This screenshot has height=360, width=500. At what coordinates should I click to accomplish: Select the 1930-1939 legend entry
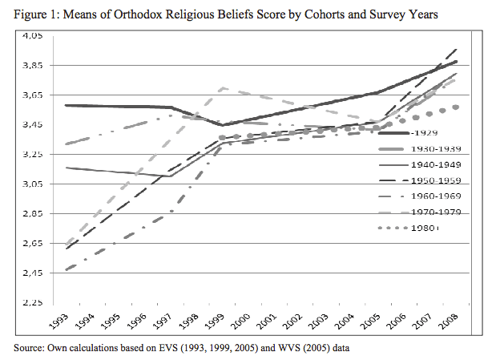coord(435,150)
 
